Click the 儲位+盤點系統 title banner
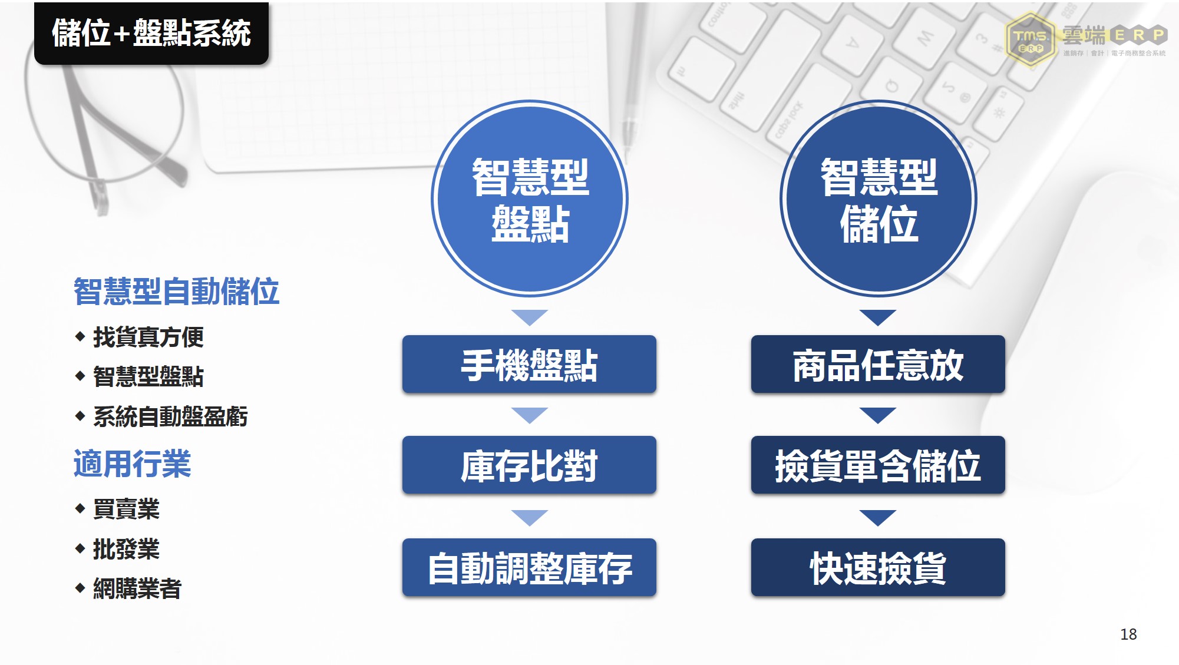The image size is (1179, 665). coord(151,33)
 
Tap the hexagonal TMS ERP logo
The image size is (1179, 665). coord(1030,40)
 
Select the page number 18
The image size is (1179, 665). coord(1128,634)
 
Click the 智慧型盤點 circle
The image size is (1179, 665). coord(530,198)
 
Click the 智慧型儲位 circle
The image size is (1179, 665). coord(878,198)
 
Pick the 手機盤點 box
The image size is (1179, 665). coord(529,364)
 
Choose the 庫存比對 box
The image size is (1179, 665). coord(529,465)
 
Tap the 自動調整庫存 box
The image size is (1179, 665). coord(529,567)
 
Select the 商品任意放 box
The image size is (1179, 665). coord(878,364)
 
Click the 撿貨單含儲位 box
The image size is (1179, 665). coord(878,465)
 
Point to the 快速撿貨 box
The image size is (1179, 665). coord(878,567)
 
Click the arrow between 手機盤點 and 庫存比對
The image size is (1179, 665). coord(530,415)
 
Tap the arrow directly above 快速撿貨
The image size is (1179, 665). coord(878,517)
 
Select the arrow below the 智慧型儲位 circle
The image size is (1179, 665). coord(878,317)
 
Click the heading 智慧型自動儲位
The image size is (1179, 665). coord(176,292)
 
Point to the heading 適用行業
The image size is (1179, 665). coord(132,464)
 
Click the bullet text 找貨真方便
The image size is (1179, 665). coord(148,337)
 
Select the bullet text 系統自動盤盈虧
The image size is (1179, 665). coord(170,416)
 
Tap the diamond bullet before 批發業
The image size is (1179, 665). coord(80,549)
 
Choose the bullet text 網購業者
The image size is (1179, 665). coord(137,588)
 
